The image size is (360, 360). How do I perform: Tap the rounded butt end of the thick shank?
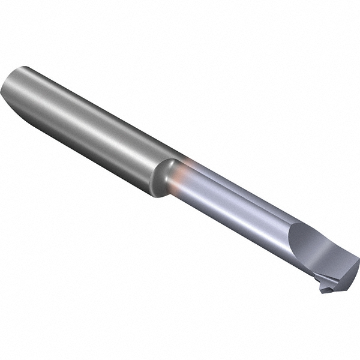[x=13, y=90]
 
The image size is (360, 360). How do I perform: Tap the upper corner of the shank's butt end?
[x=24, y=67]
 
